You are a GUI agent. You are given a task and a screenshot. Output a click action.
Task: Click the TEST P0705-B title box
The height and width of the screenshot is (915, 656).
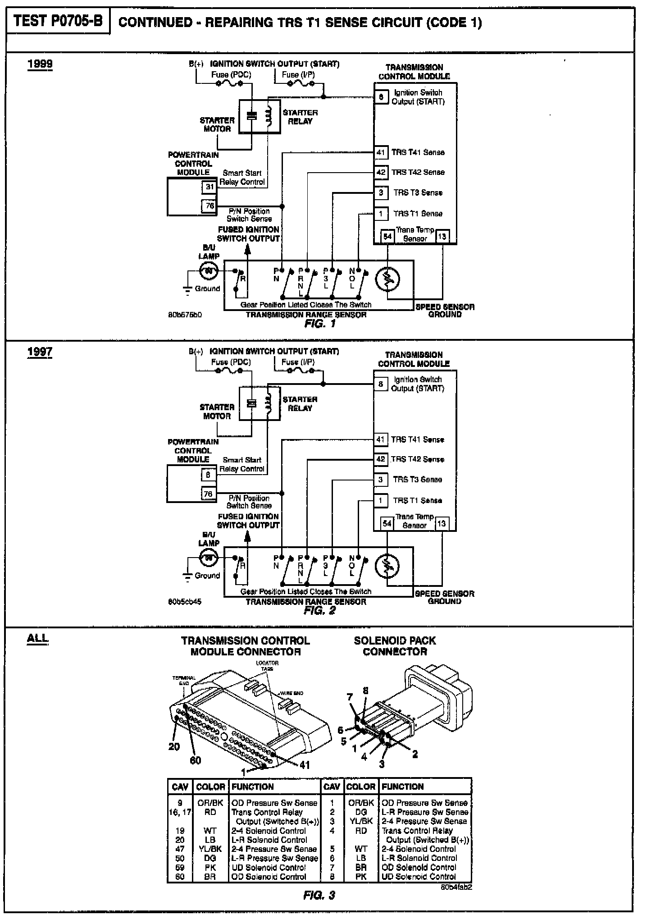pos(58,21)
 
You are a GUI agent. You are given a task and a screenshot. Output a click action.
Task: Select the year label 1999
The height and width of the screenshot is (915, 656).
pos(40,64)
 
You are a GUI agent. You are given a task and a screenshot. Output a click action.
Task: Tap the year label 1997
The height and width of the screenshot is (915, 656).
pos(40,352)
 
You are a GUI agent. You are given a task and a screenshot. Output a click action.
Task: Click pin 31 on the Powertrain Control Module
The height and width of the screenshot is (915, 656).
pos(210,187)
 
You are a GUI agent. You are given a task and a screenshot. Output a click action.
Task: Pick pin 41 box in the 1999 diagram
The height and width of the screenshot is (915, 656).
pos(381,152)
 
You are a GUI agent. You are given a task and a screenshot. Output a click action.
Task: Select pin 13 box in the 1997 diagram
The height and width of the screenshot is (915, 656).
pos(442,523)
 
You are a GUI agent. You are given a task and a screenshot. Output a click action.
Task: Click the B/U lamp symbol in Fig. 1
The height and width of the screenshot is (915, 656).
pos(209,271)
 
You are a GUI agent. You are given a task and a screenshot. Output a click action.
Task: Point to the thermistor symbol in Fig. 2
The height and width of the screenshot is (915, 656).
pos(387,567)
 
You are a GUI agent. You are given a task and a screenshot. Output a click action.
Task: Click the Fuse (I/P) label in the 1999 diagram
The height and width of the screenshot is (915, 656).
pos(298,74)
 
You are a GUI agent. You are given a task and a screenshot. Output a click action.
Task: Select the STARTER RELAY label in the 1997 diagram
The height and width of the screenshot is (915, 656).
pos(300,404)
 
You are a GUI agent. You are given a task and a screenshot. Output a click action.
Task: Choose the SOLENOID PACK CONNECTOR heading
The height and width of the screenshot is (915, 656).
pos(395,646)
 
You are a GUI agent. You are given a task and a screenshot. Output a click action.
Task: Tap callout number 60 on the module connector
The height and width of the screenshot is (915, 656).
pos(195,760)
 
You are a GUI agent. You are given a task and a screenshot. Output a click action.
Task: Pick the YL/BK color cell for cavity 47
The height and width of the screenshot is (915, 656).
pos(210,849)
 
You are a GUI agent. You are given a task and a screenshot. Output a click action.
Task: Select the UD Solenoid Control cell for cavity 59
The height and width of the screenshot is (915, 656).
pos(269,867)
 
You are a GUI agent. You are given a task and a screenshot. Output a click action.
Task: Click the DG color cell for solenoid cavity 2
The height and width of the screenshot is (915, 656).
pos(361,812)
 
